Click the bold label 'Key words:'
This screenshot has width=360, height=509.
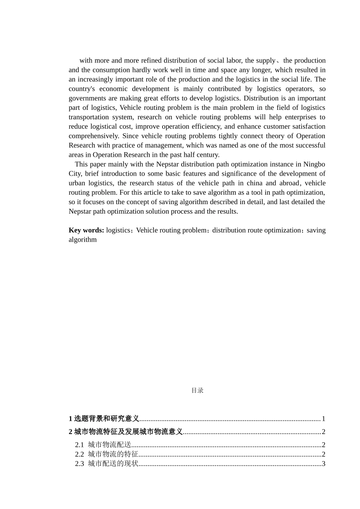coord(86,230)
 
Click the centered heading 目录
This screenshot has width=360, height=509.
coord(197,390)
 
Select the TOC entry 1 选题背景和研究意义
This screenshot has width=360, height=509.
coord(104,418)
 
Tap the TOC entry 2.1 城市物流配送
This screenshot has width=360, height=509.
coord(103,445)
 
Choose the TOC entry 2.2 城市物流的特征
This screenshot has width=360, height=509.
coord(106,454)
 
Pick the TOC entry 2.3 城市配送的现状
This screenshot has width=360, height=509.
coord(106,464)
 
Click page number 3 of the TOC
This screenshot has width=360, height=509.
coord(324,464)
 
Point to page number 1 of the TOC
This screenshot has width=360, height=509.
coord(324,418)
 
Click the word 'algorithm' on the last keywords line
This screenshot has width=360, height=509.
coord(83,240)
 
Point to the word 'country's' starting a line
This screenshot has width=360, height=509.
coord(81,89)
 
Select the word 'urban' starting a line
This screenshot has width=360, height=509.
coord(77,183)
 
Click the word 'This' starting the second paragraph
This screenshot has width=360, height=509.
coord(81,164)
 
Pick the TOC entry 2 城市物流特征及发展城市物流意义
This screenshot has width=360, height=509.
coord(126,432)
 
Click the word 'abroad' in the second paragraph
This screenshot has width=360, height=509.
coord(290,183)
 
